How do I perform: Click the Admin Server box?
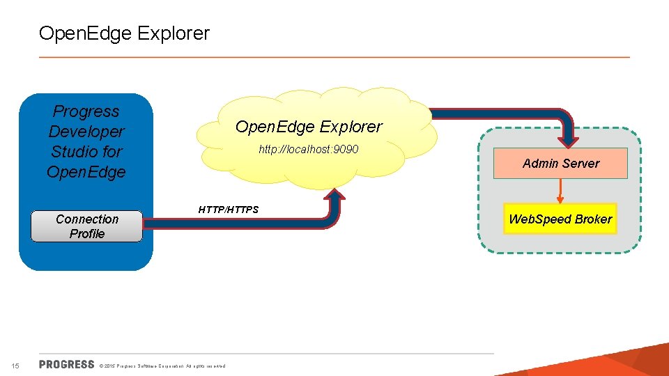560,164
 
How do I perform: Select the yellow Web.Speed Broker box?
560,219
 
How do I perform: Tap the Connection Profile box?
87,226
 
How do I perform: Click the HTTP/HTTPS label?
229,210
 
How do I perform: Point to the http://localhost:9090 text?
309,149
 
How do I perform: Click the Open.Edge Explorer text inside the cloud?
309,127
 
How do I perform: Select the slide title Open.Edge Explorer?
124,33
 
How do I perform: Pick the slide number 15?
16,366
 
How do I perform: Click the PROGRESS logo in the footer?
66,364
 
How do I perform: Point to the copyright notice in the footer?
163,366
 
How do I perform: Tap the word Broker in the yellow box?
593,219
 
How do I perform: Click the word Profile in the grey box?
87,234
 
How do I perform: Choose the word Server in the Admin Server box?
580,164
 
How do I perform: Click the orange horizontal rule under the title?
334,57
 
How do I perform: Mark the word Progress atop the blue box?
86,111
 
